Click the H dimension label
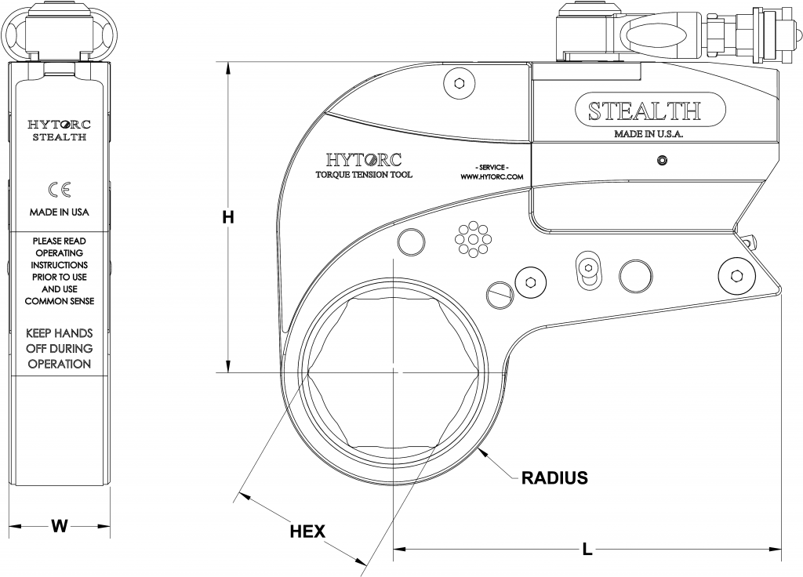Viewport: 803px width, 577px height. pos(227,218)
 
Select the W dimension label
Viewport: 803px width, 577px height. pos(59,526)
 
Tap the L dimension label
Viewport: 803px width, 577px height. pos(587,550)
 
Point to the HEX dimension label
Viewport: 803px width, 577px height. pos(307,531)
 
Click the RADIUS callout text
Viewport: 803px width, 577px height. pos(554,477)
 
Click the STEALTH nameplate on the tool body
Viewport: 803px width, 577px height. pos(644,111)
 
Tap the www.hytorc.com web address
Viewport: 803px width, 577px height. pos(492,178)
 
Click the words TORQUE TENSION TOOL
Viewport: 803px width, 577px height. pos(363,175)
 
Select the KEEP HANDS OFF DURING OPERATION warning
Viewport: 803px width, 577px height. pos(60,348)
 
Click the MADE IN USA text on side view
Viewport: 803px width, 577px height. pos(60,212)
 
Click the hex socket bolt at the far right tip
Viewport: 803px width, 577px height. pos(736,275)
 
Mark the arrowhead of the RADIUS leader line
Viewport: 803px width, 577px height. pos(487,449)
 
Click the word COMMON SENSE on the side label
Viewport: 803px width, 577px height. pos(60,300)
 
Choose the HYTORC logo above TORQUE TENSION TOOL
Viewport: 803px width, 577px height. pos(363,159)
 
